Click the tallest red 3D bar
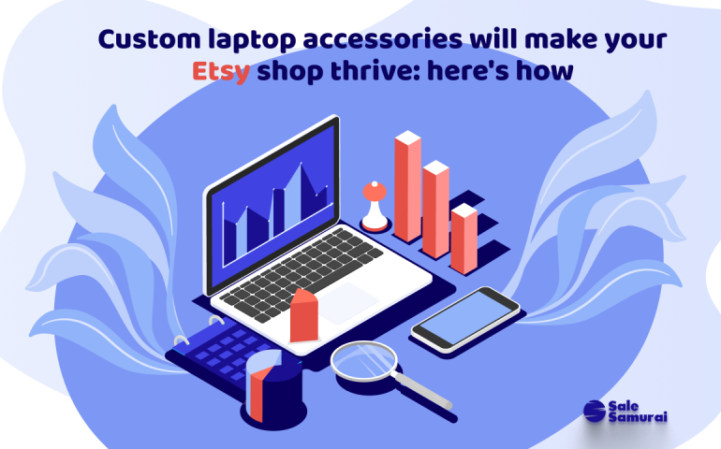(406, 187)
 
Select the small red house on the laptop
(304, 315)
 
